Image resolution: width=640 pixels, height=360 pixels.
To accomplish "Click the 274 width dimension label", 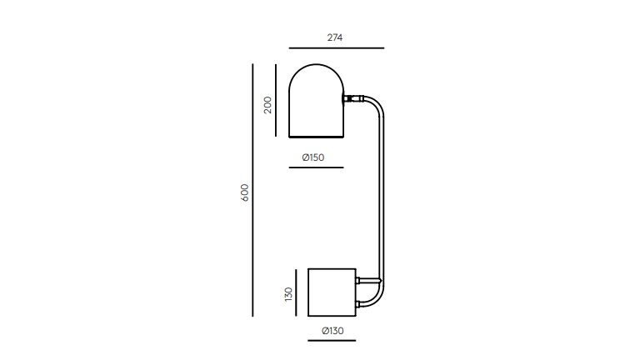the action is tap(335, 37).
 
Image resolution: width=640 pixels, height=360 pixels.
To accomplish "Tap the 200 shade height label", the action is tap(267, 105).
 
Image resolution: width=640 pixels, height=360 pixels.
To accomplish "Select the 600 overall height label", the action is tap(244, 192).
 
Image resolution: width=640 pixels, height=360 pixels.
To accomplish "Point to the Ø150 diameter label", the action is tap(313, 157).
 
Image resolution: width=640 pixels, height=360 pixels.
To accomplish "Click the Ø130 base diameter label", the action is tap(332, 331).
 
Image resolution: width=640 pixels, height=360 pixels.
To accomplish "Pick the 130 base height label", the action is tap(288, 294).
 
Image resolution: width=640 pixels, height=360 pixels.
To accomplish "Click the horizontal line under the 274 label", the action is tap(337, 48).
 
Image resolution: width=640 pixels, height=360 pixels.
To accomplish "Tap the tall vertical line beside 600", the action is tap(252, 190).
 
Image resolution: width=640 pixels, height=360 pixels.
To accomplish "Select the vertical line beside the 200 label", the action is tap(276, 100).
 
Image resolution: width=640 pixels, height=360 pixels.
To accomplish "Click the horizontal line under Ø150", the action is tap(317, 167).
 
